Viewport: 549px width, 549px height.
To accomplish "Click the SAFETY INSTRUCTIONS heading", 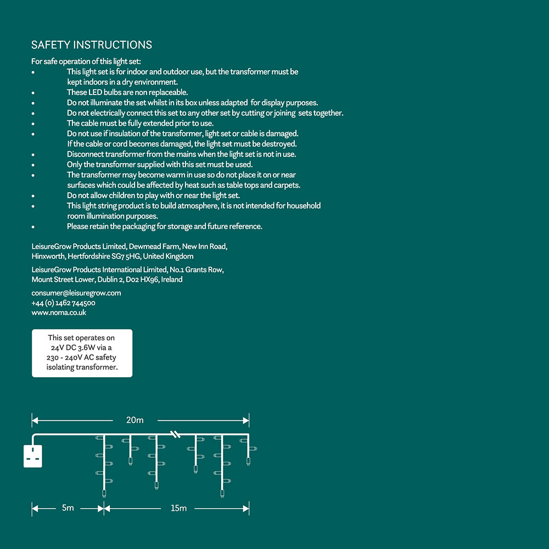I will click(x=92, y=45).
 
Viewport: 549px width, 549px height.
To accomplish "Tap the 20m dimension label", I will click(x=135, y=421).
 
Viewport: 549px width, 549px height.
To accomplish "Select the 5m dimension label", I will click(x=68, y=508).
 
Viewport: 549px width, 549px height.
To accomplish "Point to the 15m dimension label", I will click(x=178, y=508).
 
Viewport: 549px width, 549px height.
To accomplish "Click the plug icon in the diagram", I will click(x=33, y=456).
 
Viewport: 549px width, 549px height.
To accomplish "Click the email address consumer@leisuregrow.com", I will click(x=76, y=293).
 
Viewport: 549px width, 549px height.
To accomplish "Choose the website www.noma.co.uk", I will click(x=59, y=313).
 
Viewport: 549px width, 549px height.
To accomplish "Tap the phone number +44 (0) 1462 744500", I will click(x=64, y=303).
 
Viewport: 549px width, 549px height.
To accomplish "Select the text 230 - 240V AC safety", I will click(x=82, y=357).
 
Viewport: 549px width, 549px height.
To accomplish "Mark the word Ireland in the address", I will click(x=172, y=279).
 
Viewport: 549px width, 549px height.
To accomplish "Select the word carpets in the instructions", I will click(x=286, y=185).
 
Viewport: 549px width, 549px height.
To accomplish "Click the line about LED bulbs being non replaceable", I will click(x=127, y=92).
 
